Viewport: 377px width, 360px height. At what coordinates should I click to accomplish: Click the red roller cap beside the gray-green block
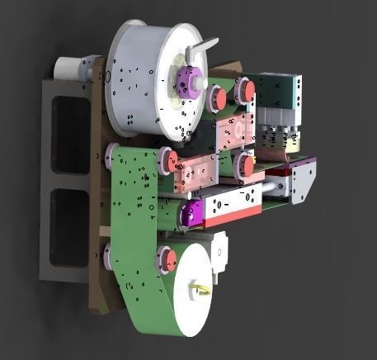click(245, 91)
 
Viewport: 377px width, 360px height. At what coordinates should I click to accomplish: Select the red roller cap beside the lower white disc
click(169, 260)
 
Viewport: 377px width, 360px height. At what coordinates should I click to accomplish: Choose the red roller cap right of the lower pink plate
click(245, 166)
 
